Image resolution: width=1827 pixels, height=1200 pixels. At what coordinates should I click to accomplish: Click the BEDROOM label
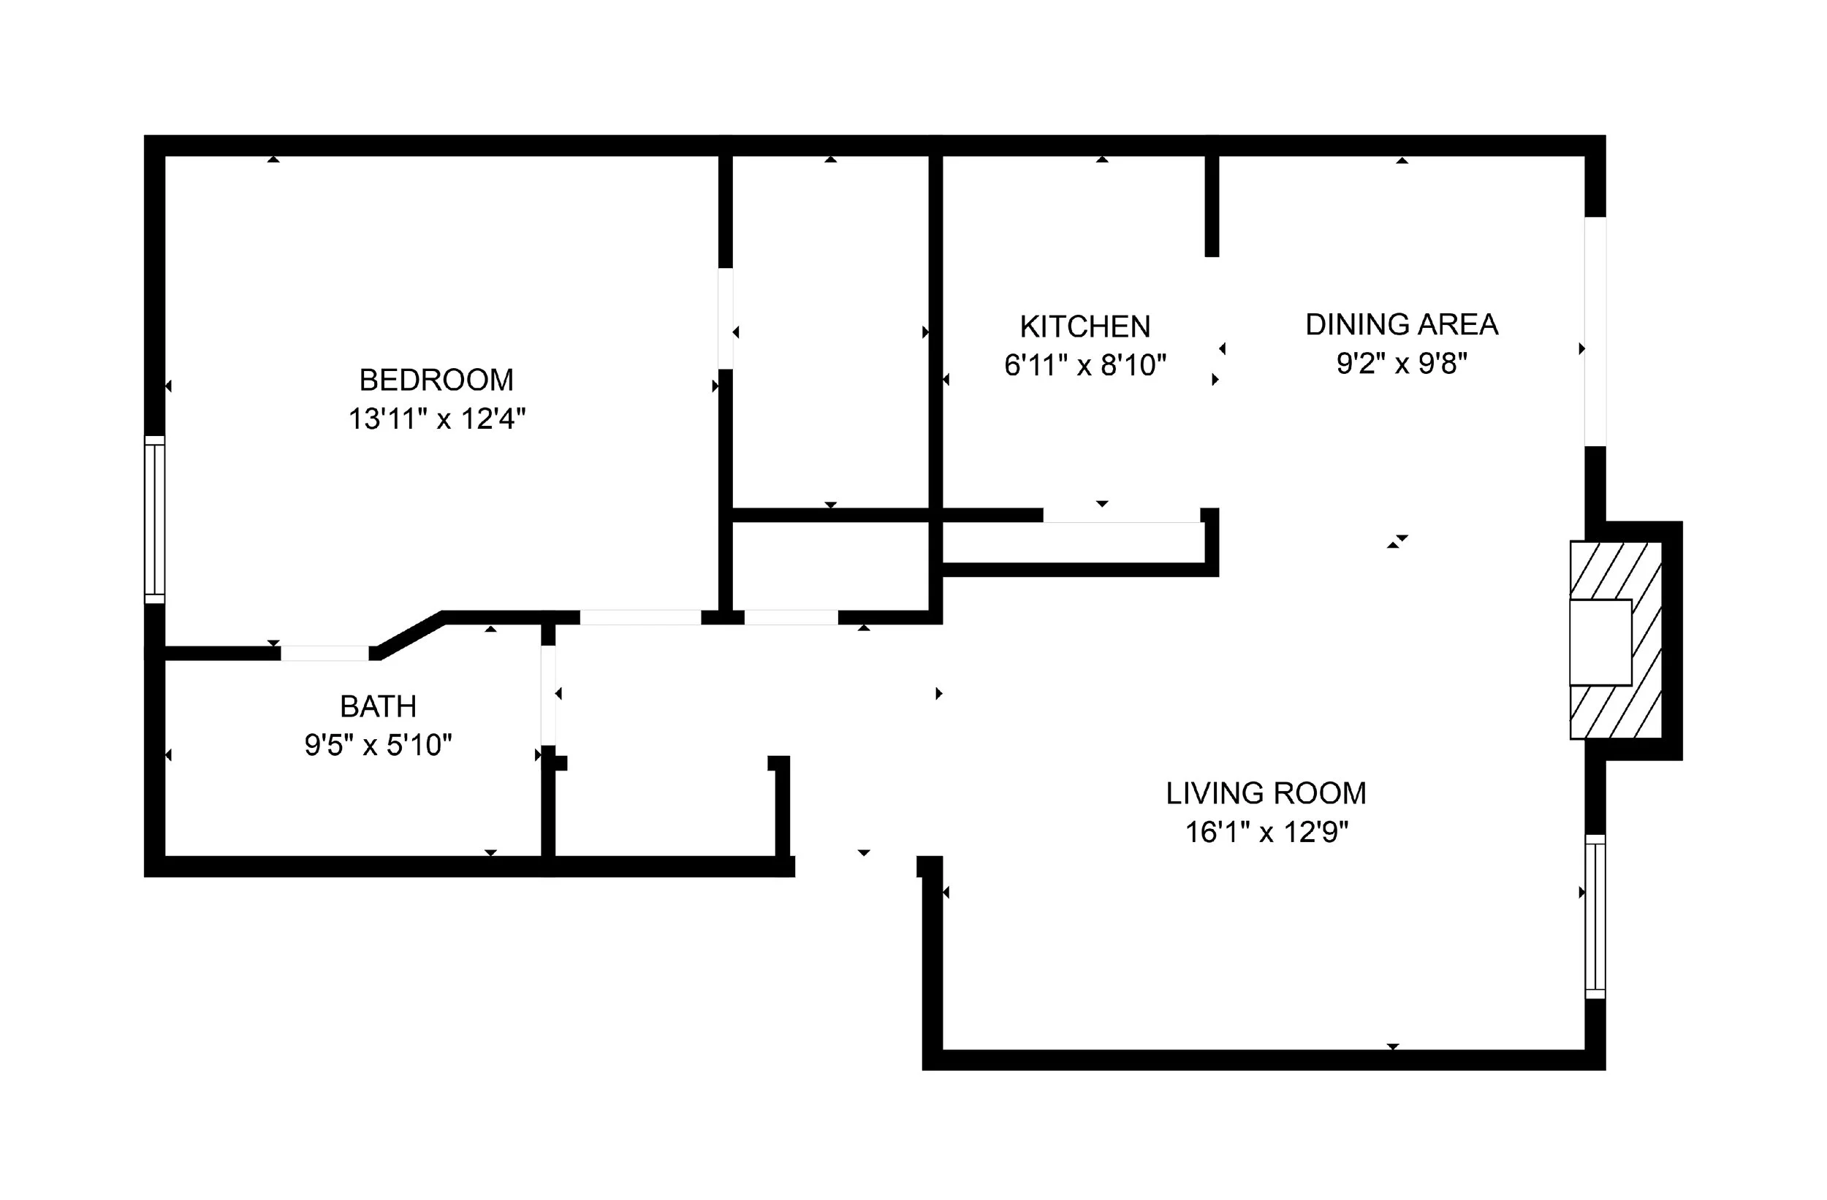(436, 380)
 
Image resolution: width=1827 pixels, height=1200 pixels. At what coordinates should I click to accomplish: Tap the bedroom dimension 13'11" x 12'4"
(437, 419)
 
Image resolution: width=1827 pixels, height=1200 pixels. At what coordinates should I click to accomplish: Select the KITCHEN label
(1085, 327)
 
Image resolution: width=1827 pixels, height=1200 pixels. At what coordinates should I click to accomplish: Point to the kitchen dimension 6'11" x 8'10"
(1085, 365)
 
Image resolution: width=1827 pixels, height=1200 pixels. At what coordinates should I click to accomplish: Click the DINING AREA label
(1402, 324)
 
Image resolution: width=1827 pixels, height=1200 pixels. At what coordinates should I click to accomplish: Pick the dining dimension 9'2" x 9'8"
(1402, 363)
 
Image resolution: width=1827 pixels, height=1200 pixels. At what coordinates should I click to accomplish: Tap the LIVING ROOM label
(1266, 793)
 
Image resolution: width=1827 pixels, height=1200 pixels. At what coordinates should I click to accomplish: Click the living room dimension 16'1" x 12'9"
(1266, 832)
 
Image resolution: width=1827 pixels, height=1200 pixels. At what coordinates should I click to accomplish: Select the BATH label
(378, 706)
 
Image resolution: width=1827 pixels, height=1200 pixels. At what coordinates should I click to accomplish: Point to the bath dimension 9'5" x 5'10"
(378, 745)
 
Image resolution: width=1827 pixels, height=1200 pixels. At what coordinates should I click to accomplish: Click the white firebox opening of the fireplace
(1600, 642)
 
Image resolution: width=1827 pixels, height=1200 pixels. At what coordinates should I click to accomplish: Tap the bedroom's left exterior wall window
(154, 519)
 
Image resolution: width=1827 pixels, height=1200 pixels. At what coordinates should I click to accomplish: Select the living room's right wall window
(1595, 917)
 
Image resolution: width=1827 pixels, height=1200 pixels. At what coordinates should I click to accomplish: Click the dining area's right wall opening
(1595, 332)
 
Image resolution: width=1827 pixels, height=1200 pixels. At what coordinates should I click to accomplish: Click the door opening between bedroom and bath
(324, 653)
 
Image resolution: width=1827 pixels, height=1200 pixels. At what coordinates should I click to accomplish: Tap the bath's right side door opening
(548, 695)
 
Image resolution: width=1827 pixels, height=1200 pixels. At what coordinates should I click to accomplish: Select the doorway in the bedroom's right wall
(726, 318)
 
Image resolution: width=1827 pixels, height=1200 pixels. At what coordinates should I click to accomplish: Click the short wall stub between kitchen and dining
(1212, 206)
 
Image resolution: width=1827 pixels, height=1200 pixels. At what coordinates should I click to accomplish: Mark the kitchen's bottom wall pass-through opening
(1121, 516)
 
